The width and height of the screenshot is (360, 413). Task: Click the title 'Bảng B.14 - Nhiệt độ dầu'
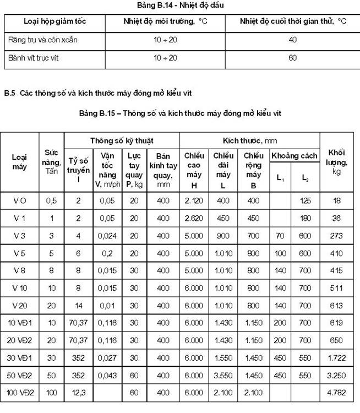click(x=180, y=5)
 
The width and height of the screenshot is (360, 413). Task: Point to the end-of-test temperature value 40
click(x=293, y=40)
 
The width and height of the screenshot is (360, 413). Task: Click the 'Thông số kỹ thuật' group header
click(x=122, y=140)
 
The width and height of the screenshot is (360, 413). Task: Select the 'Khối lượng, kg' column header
click(x=336, y=162)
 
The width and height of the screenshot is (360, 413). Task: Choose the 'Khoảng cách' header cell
click(x=294, y=156)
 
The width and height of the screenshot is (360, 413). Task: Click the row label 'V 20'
click(x=20, y=305)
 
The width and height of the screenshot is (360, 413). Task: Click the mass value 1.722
click(x=337, y=357)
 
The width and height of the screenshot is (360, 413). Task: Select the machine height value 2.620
click(x=194, y=218)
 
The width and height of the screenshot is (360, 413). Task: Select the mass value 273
click(x=337, y=236)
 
